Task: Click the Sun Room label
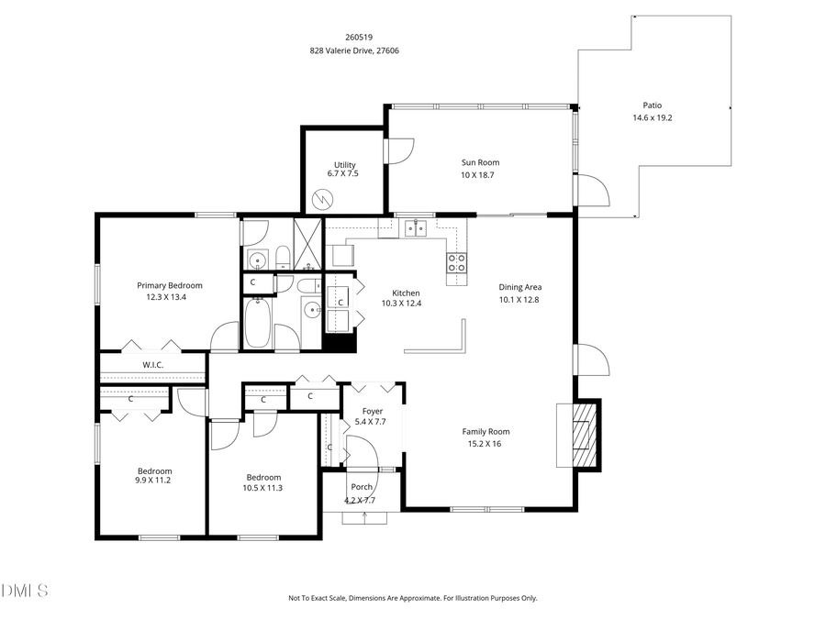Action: click(x=480, y=162)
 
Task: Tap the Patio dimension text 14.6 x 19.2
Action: click(x=653, y=117)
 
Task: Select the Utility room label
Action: click(x=344, y=165)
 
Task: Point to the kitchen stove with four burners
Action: click(x=456, y=263)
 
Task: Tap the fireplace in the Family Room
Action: click(x=582, y=434)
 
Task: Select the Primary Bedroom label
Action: click(x=170, y=285)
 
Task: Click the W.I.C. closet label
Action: click(x=152, y=365)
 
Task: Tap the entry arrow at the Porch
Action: click(x=365, y=517)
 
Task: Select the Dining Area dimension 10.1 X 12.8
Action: click(x=519, y=299)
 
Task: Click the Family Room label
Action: click(x=486, y=431)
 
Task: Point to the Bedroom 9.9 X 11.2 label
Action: click(x=154, y=471)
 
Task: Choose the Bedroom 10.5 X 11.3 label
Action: click(x=263, y=477)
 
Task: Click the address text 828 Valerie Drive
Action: click(x=353, y=51)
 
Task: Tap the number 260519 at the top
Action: click(x=353, y=37)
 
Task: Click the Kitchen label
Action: click(x=406, y=293)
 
